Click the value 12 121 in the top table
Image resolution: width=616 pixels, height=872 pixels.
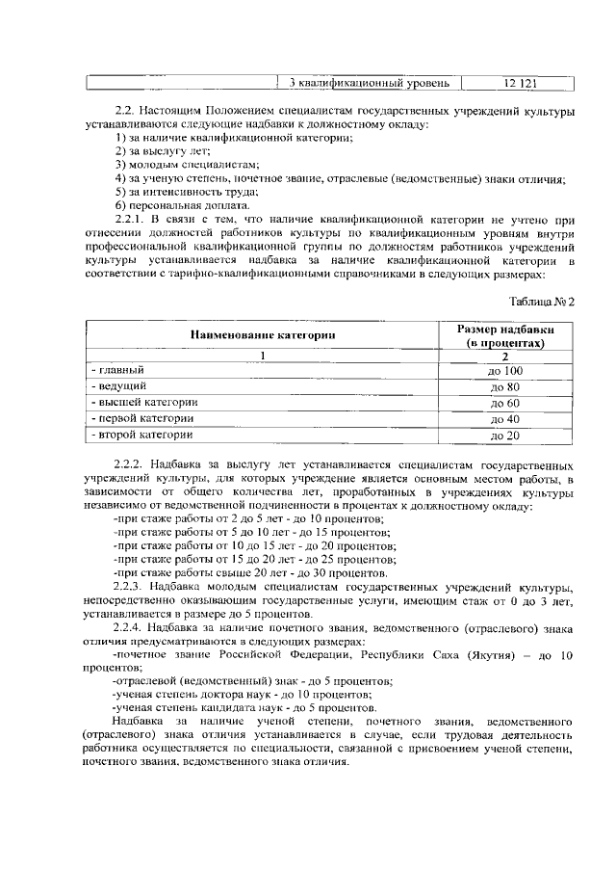coord(520,83)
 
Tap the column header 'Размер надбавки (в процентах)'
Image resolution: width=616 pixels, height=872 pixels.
coord(505,334)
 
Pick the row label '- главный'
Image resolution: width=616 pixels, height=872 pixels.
coord(116,370)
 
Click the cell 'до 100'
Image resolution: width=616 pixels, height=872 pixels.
coord(505,371)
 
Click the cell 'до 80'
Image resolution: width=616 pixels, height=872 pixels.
coord(505,387)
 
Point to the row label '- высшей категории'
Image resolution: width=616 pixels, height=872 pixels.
coord(143,402)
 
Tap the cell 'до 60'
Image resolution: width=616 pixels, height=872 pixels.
coord(505,404)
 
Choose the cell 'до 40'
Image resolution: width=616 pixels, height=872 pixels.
coord(505,420)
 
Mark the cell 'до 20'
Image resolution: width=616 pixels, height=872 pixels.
coord(505,436)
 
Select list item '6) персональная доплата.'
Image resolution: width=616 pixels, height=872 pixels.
coord(168,205)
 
